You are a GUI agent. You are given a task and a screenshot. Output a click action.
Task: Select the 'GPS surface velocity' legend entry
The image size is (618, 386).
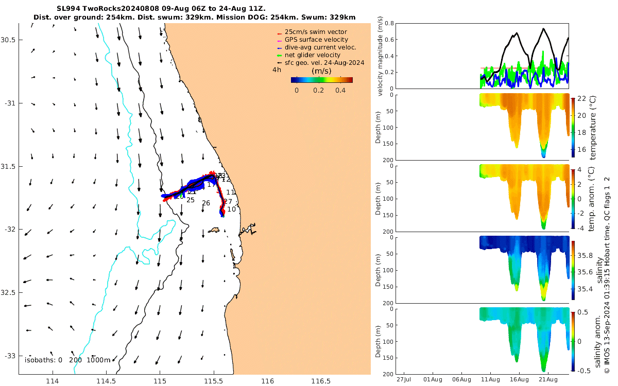pyautogui.click(x=316, y=40)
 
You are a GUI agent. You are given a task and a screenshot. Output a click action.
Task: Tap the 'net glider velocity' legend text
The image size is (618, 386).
pyautogui.click(x=313, y=55)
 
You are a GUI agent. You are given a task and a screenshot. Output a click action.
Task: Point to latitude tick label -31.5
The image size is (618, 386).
pyautogui.click(x=9, y=166)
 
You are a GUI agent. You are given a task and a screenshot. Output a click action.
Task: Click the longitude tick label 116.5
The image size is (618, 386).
pyautogui.click(x=321, y=381)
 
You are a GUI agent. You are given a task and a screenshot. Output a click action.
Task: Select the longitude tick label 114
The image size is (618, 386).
pyautogui.click(x=53, y=381)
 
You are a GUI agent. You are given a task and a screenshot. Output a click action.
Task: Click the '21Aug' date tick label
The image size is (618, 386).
pyautogui.click(x=547, y=380)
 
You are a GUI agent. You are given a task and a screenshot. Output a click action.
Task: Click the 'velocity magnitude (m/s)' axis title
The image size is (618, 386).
pyautogui.click(x=380, y=56)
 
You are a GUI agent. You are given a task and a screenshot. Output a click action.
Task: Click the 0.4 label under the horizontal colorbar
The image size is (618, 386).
pyautogui.click(x=340, y=90)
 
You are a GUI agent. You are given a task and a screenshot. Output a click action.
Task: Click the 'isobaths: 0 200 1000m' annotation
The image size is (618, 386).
pyautogui.click(x=67, y=360)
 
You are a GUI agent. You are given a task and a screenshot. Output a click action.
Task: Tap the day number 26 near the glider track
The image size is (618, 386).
pyautogui.click(x=206, y=203)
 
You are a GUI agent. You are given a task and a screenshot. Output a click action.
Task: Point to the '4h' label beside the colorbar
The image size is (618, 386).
pyautogui.click(x=277, y=69)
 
